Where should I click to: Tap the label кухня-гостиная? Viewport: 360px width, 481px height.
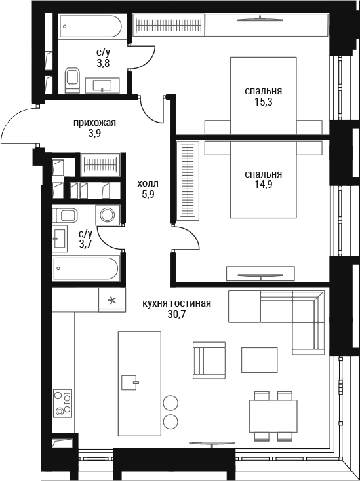(176, 303)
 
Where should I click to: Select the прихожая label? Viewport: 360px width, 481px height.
(94, 123)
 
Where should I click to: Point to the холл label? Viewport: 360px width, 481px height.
(148, 183)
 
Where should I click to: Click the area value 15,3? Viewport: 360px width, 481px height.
(264, 102)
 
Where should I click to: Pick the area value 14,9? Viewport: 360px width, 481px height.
(264, 185)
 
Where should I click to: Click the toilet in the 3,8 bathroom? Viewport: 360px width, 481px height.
(72, 80)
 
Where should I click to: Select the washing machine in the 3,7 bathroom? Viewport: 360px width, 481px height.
(108, 215)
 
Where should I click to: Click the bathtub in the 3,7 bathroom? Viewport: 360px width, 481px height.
(87, 269)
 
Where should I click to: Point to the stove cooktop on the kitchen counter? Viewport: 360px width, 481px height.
(62, 403)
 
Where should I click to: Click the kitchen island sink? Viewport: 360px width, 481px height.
(130, 382)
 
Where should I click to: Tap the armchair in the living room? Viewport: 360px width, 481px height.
(209, 360)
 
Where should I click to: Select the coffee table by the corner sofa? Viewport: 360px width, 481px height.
(259, 360)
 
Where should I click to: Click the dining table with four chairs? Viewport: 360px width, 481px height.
(273, 415)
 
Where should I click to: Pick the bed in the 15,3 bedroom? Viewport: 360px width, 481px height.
(264, 96)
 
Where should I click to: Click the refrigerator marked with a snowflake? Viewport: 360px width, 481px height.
(112, 300)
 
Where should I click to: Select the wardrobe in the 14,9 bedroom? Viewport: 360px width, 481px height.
(188, 181)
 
